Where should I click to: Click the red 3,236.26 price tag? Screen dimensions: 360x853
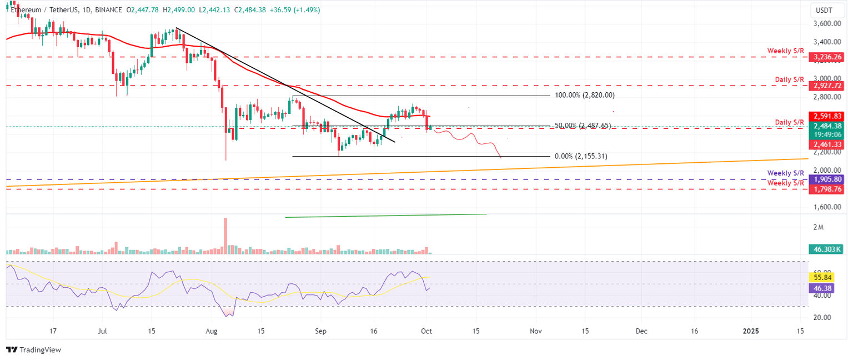826,57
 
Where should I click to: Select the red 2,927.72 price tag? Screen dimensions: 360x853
826,86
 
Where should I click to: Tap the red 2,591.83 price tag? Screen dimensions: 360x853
826,116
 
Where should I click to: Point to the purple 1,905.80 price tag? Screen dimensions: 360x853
826,179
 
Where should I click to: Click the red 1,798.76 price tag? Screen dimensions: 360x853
826,189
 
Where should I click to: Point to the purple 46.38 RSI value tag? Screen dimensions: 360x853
823,288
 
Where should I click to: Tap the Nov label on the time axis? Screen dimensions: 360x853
535,331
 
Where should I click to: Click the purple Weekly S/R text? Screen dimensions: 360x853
785,173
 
